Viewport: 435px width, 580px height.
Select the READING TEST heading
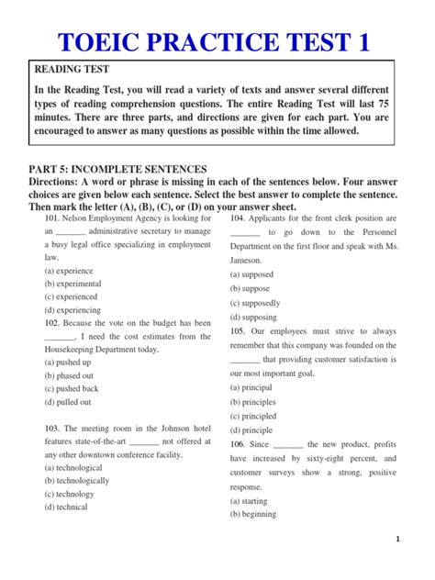[72, 70]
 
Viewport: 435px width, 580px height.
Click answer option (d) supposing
[254, 317]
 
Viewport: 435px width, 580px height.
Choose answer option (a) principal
[252, 388]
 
